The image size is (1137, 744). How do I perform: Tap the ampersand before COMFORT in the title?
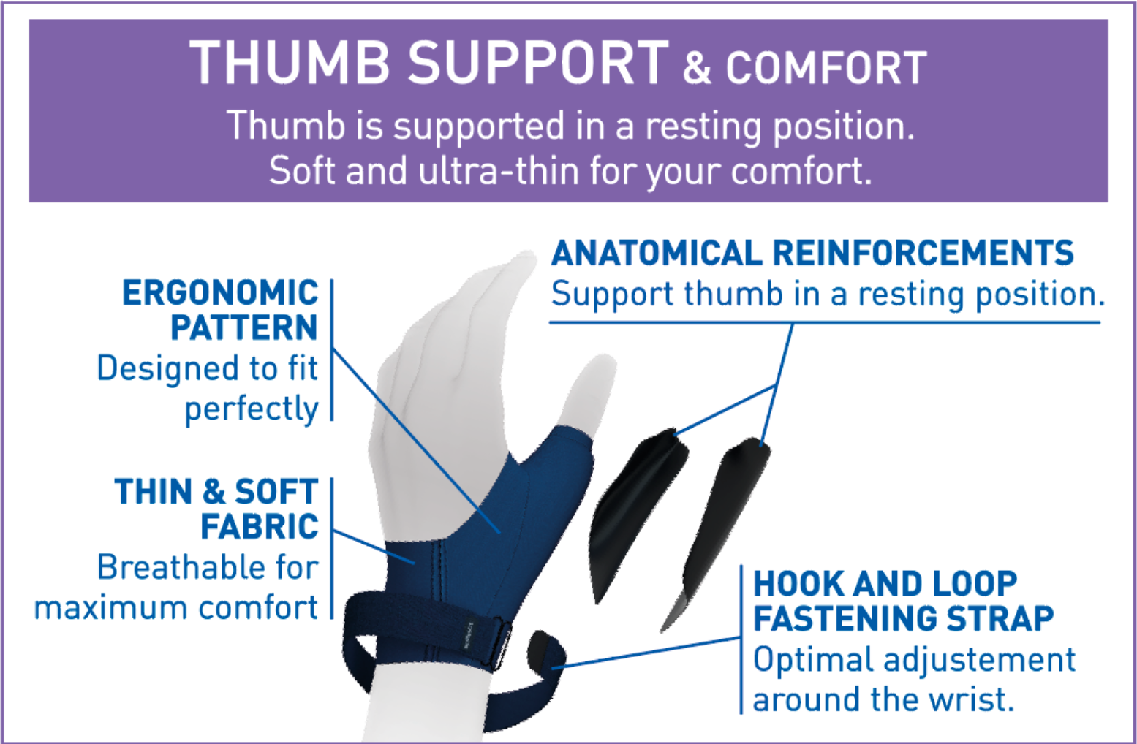pos(697,68)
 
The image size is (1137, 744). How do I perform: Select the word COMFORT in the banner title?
pos(826,68)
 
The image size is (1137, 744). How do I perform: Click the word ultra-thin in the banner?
pos(499,170)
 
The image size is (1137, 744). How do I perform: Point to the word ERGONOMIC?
pos(220,293)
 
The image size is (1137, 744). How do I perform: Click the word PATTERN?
pos(244,327)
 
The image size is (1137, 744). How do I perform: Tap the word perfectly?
pos(252,409)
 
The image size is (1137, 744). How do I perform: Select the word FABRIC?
pos(260,526)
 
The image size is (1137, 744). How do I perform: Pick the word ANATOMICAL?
pos(657,253)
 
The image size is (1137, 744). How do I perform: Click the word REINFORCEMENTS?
pos(923,253)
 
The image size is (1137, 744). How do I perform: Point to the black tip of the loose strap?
pos(545,652)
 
